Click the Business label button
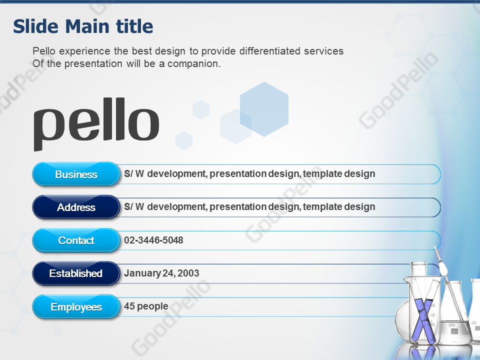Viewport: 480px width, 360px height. point(76,174)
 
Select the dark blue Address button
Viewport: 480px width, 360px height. point(76,207)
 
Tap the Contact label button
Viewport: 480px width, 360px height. point(76,240)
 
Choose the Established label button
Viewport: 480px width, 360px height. point(76,273)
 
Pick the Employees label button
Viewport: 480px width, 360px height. point(76,306)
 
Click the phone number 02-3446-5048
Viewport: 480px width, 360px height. point(153,240)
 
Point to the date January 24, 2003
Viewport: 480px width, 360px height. point(161,273)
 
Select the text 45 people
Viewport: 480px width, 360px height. point(146,306)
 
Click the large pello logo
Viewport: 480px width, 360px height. point(96,124)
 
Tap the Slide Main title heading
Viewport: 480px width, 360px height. point(83,26)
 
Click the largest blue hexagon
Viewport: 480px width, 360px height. point(264,109)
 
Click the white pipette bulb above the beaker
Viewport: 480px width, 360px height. point(442,269)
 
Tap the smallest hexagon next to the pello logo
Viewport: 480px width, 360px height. point(184,141)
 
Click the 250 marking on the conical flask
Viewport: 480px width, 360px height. point(451,325)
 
